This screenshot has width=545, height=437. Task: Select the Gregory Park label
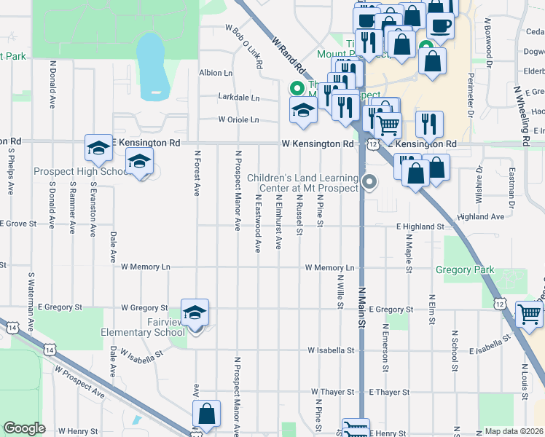click(x=464, y=269)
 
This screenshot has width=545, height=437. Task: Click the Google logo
click(x=24, y=428)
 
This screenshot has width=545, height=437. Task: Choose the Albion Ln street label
click(x=216, y=73)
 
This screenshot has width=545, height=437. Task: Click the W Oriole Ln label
click(x=238, y=119)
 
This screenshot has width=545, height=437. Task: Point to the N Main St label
click(x=361, y=307)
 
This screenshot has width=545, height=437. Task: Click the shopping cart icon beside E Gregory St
click(x=530, y=315)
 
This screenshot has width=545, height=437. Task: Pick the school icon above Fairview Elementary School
click(x=195, y=313)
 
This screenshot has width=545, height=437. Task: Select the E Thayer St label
click(x=389, y=392)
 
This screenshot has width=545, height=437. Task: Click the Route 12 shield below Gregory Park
click(x=500, y=302)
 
